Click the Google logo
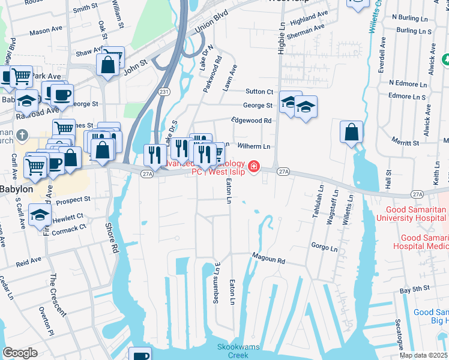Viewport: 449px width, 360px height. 20,353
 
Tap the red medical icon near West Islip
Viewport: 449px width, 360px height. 254,166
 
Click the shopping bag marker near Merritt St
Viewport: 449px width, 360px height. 352,132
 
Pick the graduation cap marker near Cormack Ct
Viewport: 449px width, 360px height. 39,216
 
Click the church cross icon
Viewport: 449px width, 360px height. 22,134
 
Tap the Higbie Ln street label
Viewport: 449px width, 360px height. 280,40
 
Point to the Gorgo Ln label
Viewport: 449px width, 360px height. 325,247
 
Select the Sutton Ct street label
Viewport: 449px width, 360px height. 259,91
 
